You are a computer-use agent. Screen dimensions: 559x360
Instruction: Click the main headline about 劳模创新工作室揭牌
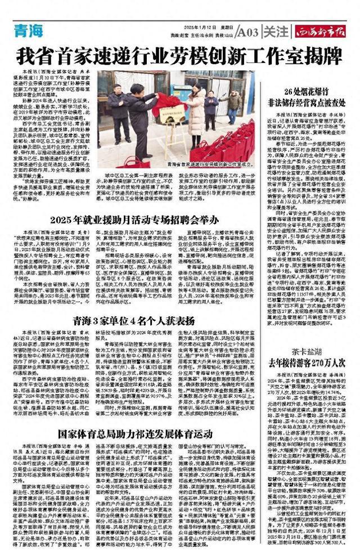(x=179, y=56)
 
